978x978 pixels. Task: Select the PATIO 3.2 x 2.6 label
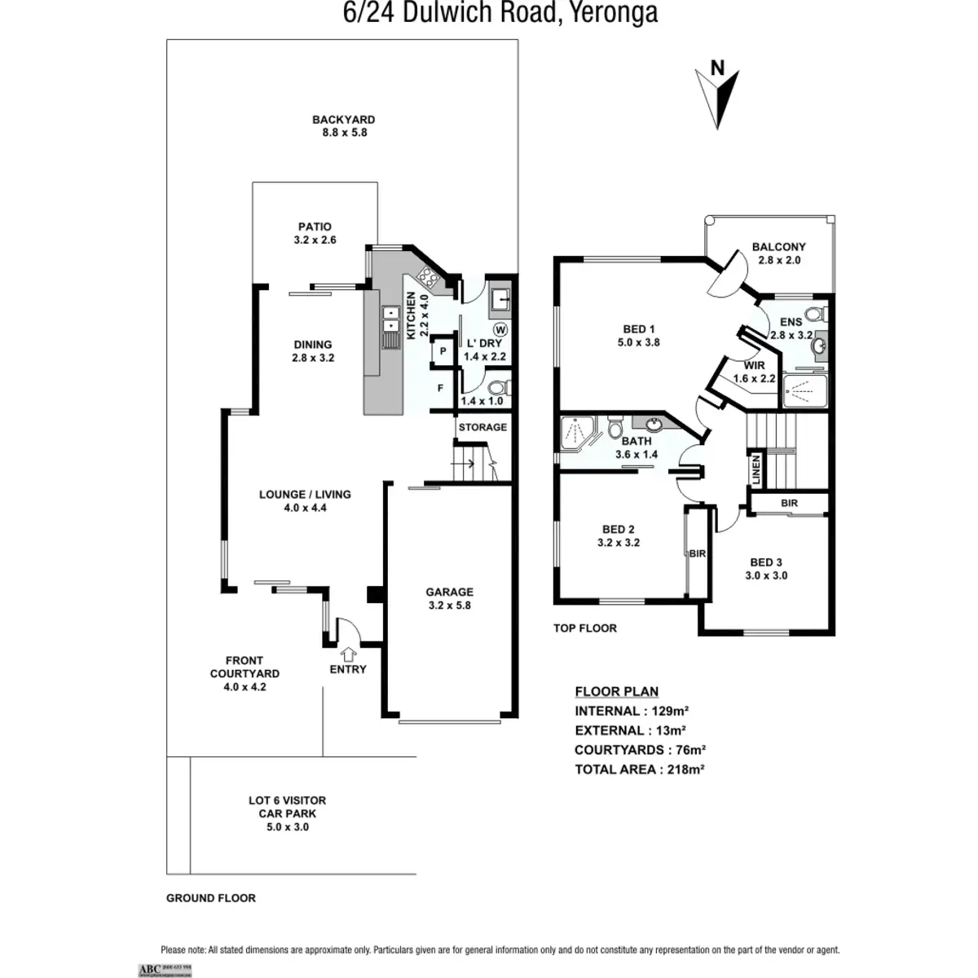point(315,233)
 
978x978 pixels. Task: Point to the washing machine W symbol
point(500,329)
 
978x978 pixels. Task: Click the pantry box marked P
point(442,351)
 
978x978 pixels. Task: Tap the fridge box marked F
point(440,389)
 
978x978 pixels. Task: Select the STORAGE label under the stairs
point(482,427)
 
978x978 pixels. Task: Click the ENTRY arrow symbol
point(348,653)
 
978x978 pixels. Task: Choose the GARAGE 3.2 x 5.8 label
point(449,598)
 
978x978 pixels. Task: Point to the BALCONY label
point(778,253)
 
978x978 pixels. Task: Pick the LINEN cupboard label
point(756,470)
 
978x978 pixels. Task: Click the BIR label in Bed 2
point(698,553)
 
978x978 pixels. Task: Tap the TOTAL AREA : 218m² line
point(639,769)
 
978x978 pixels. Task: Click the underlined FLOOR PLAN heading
point(616,691)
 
